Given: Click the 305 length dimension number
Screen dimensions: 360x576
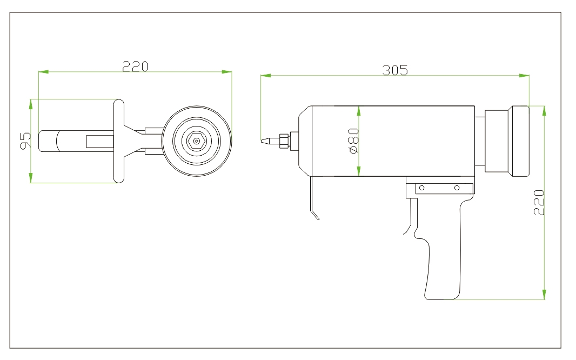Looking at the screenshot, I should click(x=395, y=70).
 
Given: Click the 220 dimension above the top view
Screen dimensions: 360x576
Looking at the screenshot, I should click(x=135, y=66).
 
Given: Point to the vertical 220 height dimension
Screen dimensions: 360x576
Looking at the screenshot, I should click(x=539, y=203).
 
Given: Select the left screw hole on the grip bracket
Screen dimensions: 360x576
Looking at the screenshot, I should click(x=423, y=188).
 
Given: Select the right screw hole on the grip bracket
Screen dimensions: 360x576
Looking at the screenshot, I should click(x=457, y=188).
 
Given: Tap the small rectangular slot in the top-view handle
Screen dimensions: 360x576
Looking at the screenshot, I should click(x=100, y=141).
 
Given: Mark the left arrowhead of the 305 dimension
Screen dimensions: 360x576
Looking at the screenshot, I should click(x=265, y=76).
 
